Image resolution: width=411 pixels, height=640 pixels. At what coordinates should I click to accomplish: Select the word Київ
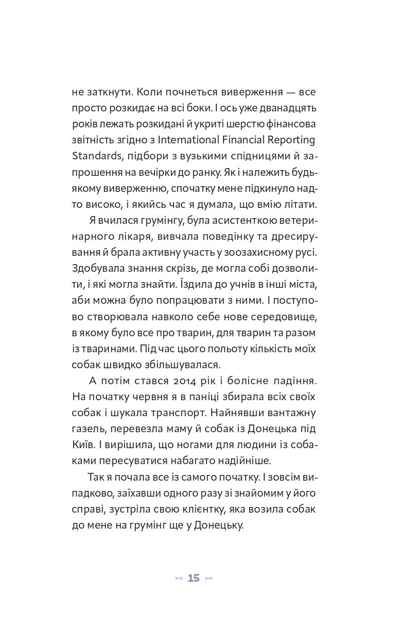pyautogui.click(x=82, y=444)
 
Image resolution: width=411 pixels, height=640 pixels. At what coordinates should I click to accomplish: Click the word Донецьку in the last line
pyautogui.click(x=215, y=524)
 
